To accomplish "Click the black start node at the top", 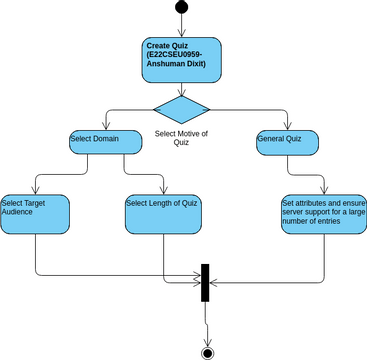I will (x=181, y=8).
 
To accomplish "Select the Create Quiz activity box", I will (x=181, y=59).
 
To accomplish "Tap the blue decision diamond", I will (x=181, y=107).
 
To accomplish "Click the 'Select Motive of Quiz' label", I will (x=181, y=136).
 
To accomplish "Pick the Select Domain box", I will (x=103, y=141).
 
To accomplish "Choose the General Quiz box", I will (x=288, y=141).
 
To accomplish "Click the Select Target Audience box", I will (x=36, y=214).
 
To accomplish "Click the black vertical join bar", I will (x=205, y=281).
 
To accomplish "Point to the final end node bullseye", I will (x=207, y=352).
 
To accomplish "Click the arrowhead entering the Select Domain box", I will (x=103, y=125).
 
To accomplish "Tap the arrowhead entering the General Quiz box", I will (x=288, y=125).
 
